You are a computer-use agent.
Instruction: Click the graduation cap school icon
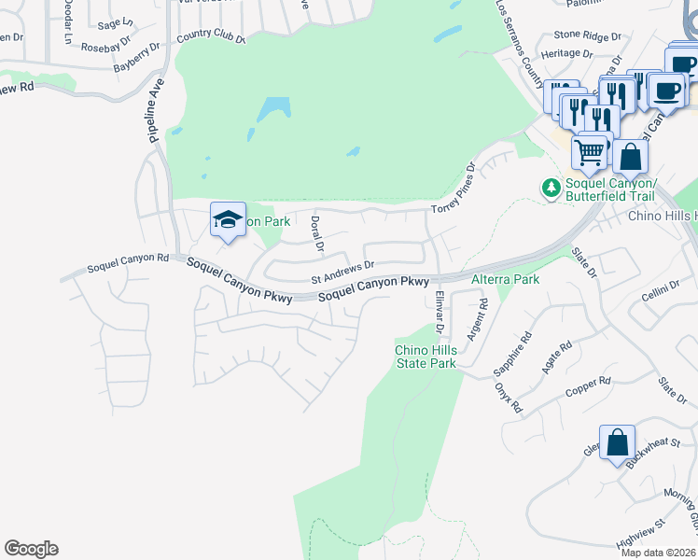tap(228, 220)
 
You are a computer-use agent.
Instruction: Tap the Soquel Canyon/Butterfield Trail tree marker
tap(551, 188)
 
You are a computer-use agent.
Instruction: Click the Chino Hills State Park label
tap(425, 357)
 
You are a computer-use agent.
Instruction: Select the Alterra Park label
tap(505, 279)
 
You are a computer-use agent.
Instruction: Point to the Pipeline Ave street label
tap(157, 110)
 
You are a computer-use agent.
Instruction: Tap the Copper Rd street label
tap(592, 382)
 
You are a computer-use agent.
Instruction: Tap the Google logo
tap(31, 549)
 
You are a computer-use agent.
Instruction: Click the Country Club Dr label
tap(210, 36)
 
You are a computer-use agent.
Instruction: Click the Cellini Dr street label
tap(662, 291)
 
